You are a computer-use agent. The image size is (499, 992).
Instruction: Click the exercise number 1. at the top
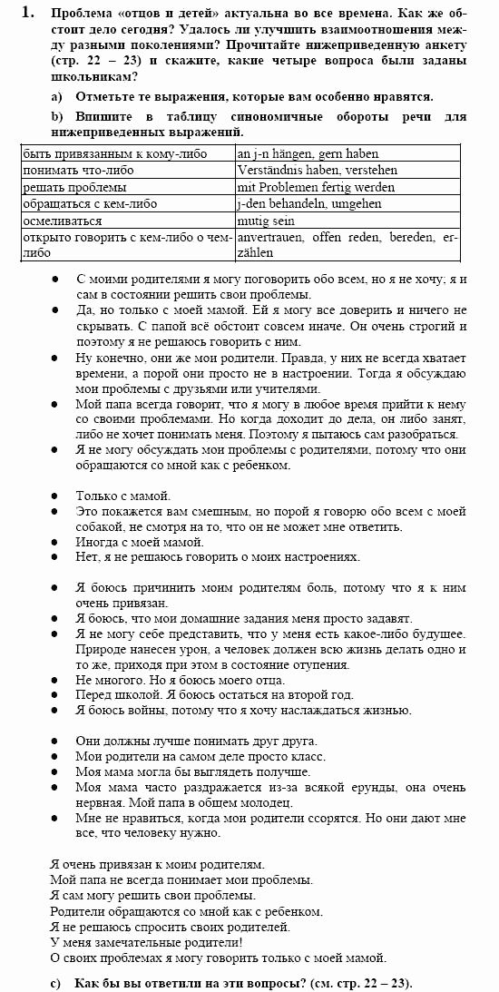click(28, 13)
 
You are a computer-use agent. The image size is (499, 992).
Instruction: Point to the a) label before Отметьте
click(56, 96)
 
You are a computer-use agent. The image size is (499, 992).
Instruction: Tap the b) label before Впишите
click(56, 117)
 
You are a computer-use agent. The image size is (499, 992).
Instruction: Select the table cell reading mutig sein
click(261, 221)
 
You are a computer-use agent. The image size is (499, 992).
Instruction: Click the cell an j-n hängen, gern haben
click(308, 154)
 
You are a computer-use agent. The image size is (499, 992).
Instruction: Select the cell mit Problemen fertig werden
click(315, 187)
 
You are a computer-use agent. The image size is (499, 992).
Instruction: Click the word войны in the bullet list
click(152, 711)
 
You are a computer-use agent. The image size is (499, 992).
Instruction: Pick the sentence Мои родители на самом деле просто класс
click(201, 756)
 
